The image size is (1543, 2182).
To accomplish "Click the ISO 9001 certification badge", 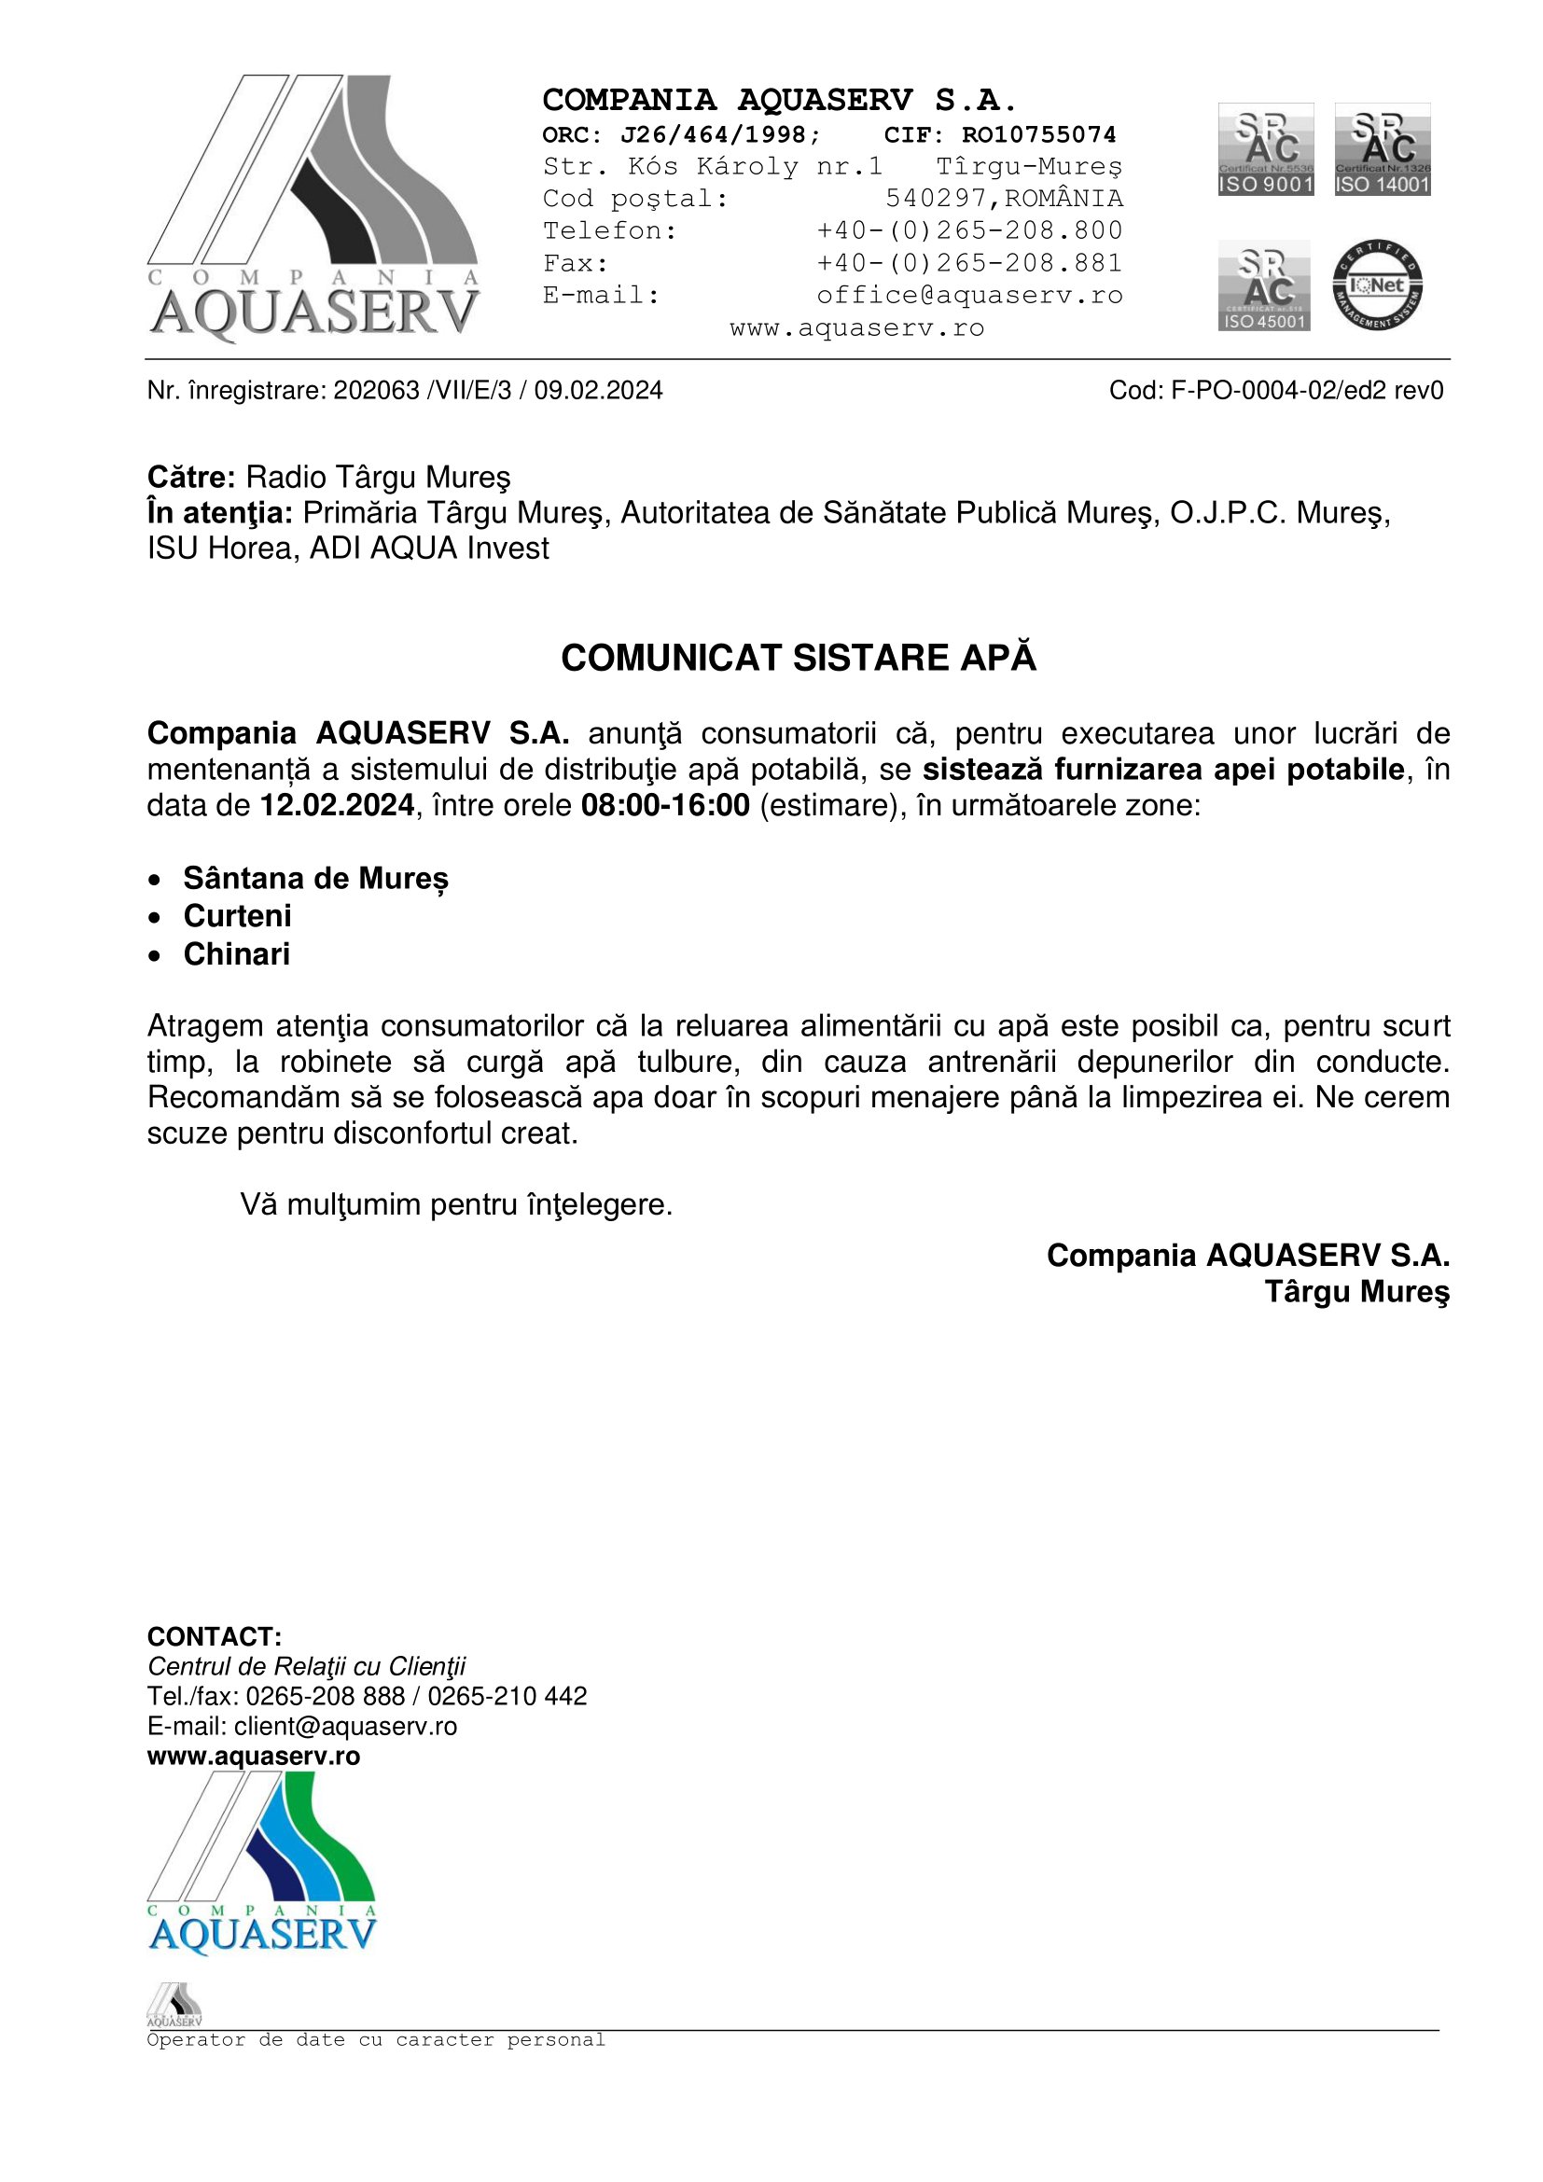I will pos(1266,149).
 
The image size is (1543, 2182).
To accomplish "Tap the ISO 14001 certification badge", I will pos(1383,149).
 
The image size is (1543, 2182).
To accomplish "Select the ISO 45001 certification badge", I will pos(1264,285).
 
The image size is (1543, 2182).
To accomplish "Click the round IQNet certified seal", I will pos(1377,285).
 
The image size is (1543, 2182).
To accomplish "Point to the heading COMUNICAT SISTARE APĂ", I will pos(799,659).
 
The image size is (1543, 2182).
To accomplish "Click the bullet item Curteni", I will pos(237,916).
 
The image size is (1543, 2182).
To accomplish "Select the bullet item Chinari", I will pos(237,954).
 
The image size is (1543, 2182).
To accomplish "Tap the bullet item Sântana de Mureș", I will pos(315,878).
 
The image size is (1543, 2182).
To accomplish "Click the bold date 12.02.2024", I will pos(338,806).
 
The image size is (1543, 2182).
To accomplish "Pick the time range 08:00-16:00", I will pos(665,806).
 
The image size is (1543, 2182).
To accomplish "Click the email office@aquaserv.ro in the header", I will pos(969,296).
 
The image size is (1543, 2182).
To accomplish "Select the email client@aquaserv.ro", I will pos(346,1726).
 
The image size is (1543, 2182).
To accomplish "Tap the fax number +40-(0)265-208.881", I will pos(969,263).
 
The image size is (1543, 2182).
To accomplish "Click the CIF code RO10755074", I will pos(1038,135).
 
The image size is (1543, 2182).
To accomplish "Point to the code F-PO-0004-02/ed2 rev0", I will pos(1306,391).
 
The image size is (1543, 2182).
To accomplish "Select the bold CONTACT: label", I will pos(214,1636).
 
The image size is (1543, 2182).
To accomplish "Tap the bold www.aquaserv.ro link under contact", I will pos(254,1757).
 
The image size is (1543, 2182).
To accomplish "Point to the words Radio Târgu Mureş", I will pos(378,477).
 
